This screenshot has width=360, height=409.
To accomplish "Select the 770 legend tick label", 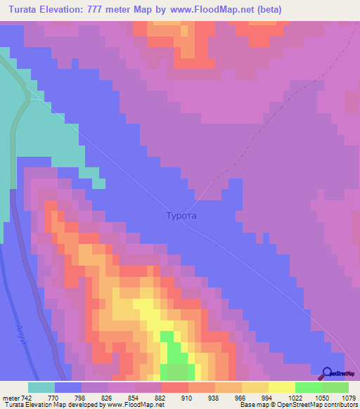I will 54,397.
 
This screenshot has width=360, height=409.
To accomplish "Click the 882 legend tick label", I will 161,397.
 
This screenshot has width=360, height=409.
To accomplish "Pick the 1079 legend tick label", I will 349,397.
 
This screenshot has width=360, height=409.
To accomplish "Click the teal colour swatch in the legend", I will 41,387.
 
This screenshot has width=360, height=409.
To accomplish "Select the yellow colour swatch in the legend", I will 282,387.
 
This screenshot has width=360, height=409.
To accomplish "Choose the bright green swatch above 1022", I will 309,387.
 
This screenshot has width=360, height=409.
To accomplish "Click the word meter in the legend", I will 13,397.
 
